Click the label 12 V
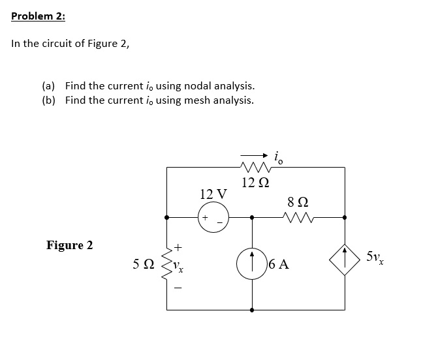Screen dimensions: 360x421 [x=213, y=194]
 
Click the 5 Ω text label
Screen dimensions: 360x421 [x=144, y=265]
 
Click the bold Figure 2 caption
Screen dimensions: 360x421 [x=69, y=245]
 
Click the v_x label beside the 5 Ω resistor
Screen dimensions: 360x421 [x=183, y=267]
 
